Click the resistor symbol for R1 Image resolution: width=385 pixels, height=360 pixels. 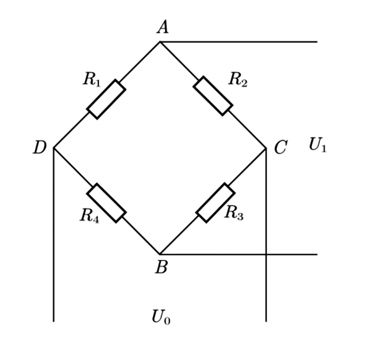coord(106,99)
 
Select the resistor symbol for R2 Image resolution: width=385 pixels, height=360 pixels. coord(213,96)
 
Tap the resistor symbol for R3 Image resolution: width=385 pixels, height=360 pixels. coord(215,203)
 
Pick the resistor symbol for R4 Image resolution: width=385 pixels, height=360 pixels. coord(106,203)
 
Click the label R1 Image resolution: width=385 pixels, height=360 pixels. coord(92,79)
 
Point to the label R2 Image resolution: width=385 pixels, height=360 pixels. coord(237,79)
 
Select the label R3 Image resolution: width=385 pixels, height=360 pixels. coord(234,213)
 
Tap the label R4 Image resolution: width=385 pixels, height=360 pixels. coord(89,215)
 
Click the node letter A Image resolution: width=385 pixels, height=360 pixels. coord(163,27)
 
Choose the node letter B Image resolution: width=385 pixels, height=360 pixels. coord(161,267)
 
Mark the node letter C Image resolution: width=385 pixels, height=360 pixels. coord(281,148)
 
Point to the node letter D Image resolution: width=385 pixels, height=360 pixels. coord(40,148)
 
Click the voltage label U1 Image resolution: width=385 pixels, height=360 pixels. coord(317,145)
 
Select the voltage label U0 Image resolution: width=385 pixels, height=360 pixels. coord(161,317)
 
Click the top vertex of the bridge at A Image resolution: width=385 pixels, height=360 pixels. coord(160,42)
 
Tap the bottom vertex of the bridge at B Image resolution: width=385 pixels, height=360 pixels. coord(160,254)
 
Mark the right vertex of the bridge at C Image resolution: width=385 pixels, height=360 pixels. coord(266,148)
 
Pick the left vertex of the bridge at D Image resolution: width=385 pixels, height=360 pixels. coord(54,148)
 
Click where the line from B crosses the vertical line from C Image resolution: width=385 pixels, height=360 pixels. coord(266,254)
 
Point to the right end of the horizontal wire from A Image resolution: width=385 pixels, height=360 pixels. coord(317,42)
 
